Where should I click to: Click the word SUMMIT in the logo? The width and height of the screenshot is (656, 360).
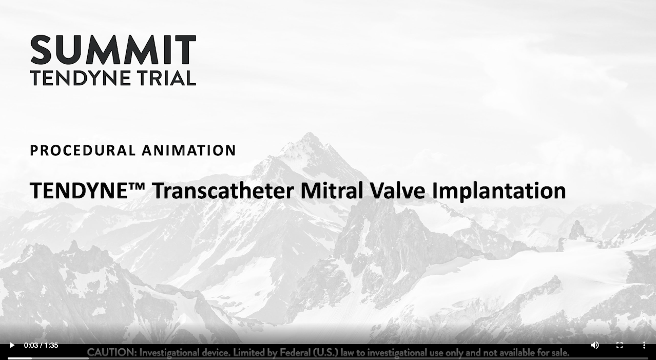[x=113, y=49]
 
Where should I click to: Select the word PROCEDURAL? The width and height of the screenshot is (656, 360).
[x=83, y=150]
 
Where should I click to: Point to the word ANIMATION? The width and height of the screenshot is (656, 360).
[x=189, y=150]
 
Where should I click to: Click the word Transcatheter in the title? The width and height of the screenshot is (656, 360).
[x=223, y=191]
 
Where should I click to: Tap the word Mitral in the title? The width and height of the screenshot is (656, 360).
[x=332, y=191]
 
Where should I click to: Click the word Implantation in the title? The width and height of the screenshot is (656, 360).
[x=499, y=191]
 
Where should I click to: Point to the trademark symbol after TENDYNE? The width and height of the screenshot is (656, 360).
[x=137, y=185]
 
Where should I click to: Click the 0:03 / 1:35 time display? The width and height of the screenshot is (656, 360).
[x=41, y=345]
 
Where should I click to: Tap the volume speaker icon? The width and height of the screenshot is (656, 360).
[x=595, y=345]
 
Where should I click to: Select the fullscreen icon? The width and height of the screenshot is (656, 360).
[x=620, y=345]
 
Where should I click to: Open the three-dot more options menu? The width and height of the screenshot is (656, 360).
[x=644, y=345]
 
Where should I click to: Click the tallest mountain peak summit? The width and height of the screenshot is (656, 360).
[x=310, y=133]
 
